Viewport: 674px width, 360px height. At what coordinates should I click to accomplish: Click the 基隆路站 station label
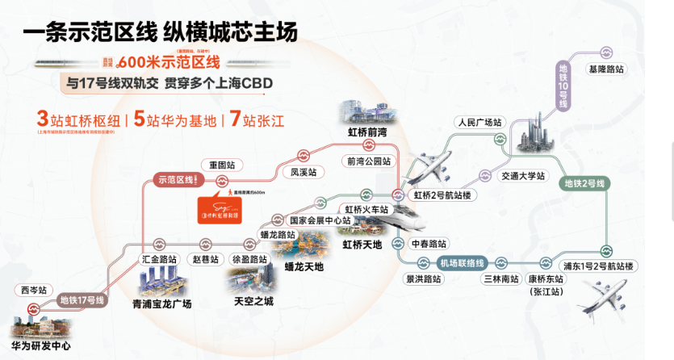coord(606,69)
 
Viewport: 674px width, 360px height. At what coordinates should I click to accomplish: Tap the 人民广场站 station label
coord(479,123)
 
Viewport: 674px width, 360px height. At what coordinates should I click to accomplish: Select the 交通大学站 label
coord(523,175)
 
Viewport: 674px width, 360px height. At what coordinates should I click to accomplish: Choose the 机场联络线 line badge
coord(461,263)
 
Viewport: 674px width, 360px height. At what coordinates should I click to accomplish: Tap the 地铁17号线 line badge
coord(83,300)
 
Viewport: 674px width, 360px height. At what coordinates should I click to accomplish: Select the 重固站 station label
coord(221,164)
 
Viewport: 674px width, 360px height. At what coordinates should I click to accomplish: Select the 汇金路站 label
coord(159,260)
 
